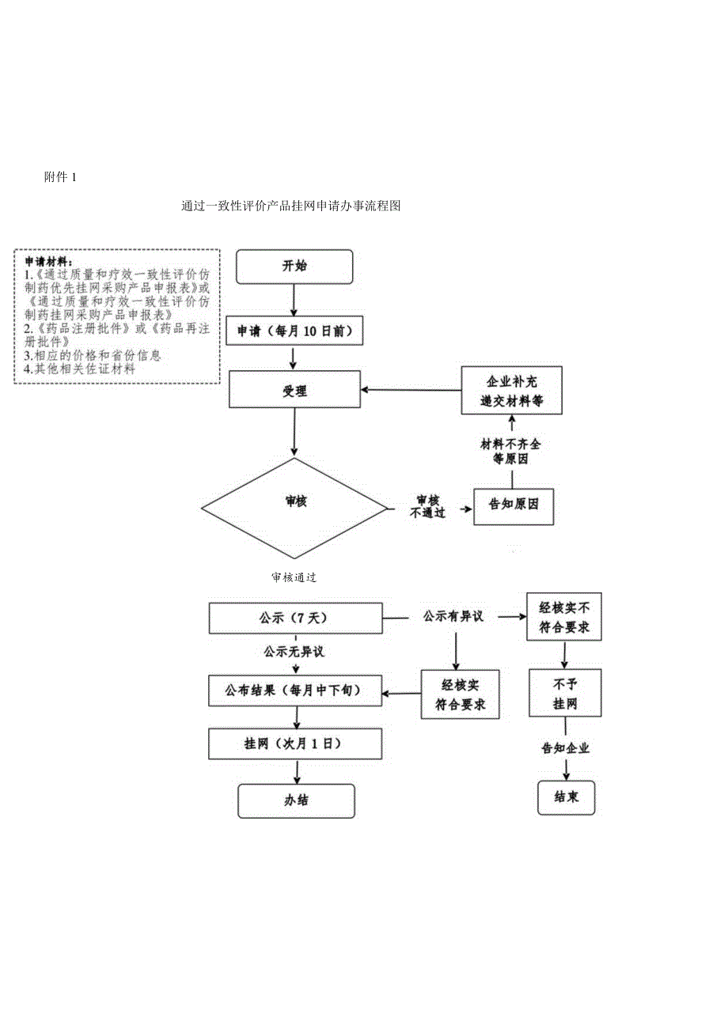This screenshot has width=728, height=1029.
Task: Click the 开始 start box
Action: [294, 266]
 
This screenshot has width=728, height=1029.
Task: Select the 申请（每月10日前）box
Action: [294, 332]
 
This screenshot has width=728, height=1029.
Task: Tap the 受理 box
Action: [294, 391]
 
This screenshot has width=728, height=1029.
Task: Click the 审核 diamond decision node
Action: [294, 501]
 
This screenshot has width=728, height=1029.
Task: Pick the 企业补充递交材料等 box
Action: [511, 390]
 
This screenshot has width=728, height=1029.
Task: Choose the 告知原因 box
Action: [513, 504]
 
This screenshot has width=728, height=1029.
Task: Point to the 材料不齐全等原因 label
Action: [511, 452]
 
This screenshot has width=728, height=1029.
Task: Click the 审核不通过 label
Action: [427, 506]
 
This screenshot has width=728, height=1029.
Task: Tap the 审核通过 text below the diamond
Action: [294, 577]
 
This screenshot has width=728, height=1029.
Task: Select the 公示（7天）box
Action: [294, 618]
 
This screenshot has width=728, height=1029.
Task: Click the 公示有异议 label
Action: [453, 616]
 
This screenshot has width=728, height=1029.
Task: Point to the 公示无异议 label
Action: [294, 653]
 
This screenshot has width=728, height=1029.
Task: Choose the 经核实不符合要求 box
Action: [564, 619]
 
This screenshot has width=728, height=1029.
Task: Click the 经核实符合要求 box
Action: [461, 694]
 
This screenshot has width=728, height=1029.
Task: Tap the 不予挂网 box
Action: [565, 694]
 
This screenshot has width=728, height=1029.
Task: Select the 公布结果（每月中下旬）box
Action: [294, 690]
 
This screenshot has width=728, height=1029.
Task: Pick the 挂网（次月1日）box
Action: [294, 744]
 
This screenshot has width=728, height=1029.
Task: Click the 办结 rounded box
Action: [296, 800]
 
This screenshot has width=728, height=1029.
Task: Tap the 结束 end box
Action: [566, 797]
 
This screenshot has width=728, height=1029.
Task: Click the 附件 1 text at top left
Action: [60, 177]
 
